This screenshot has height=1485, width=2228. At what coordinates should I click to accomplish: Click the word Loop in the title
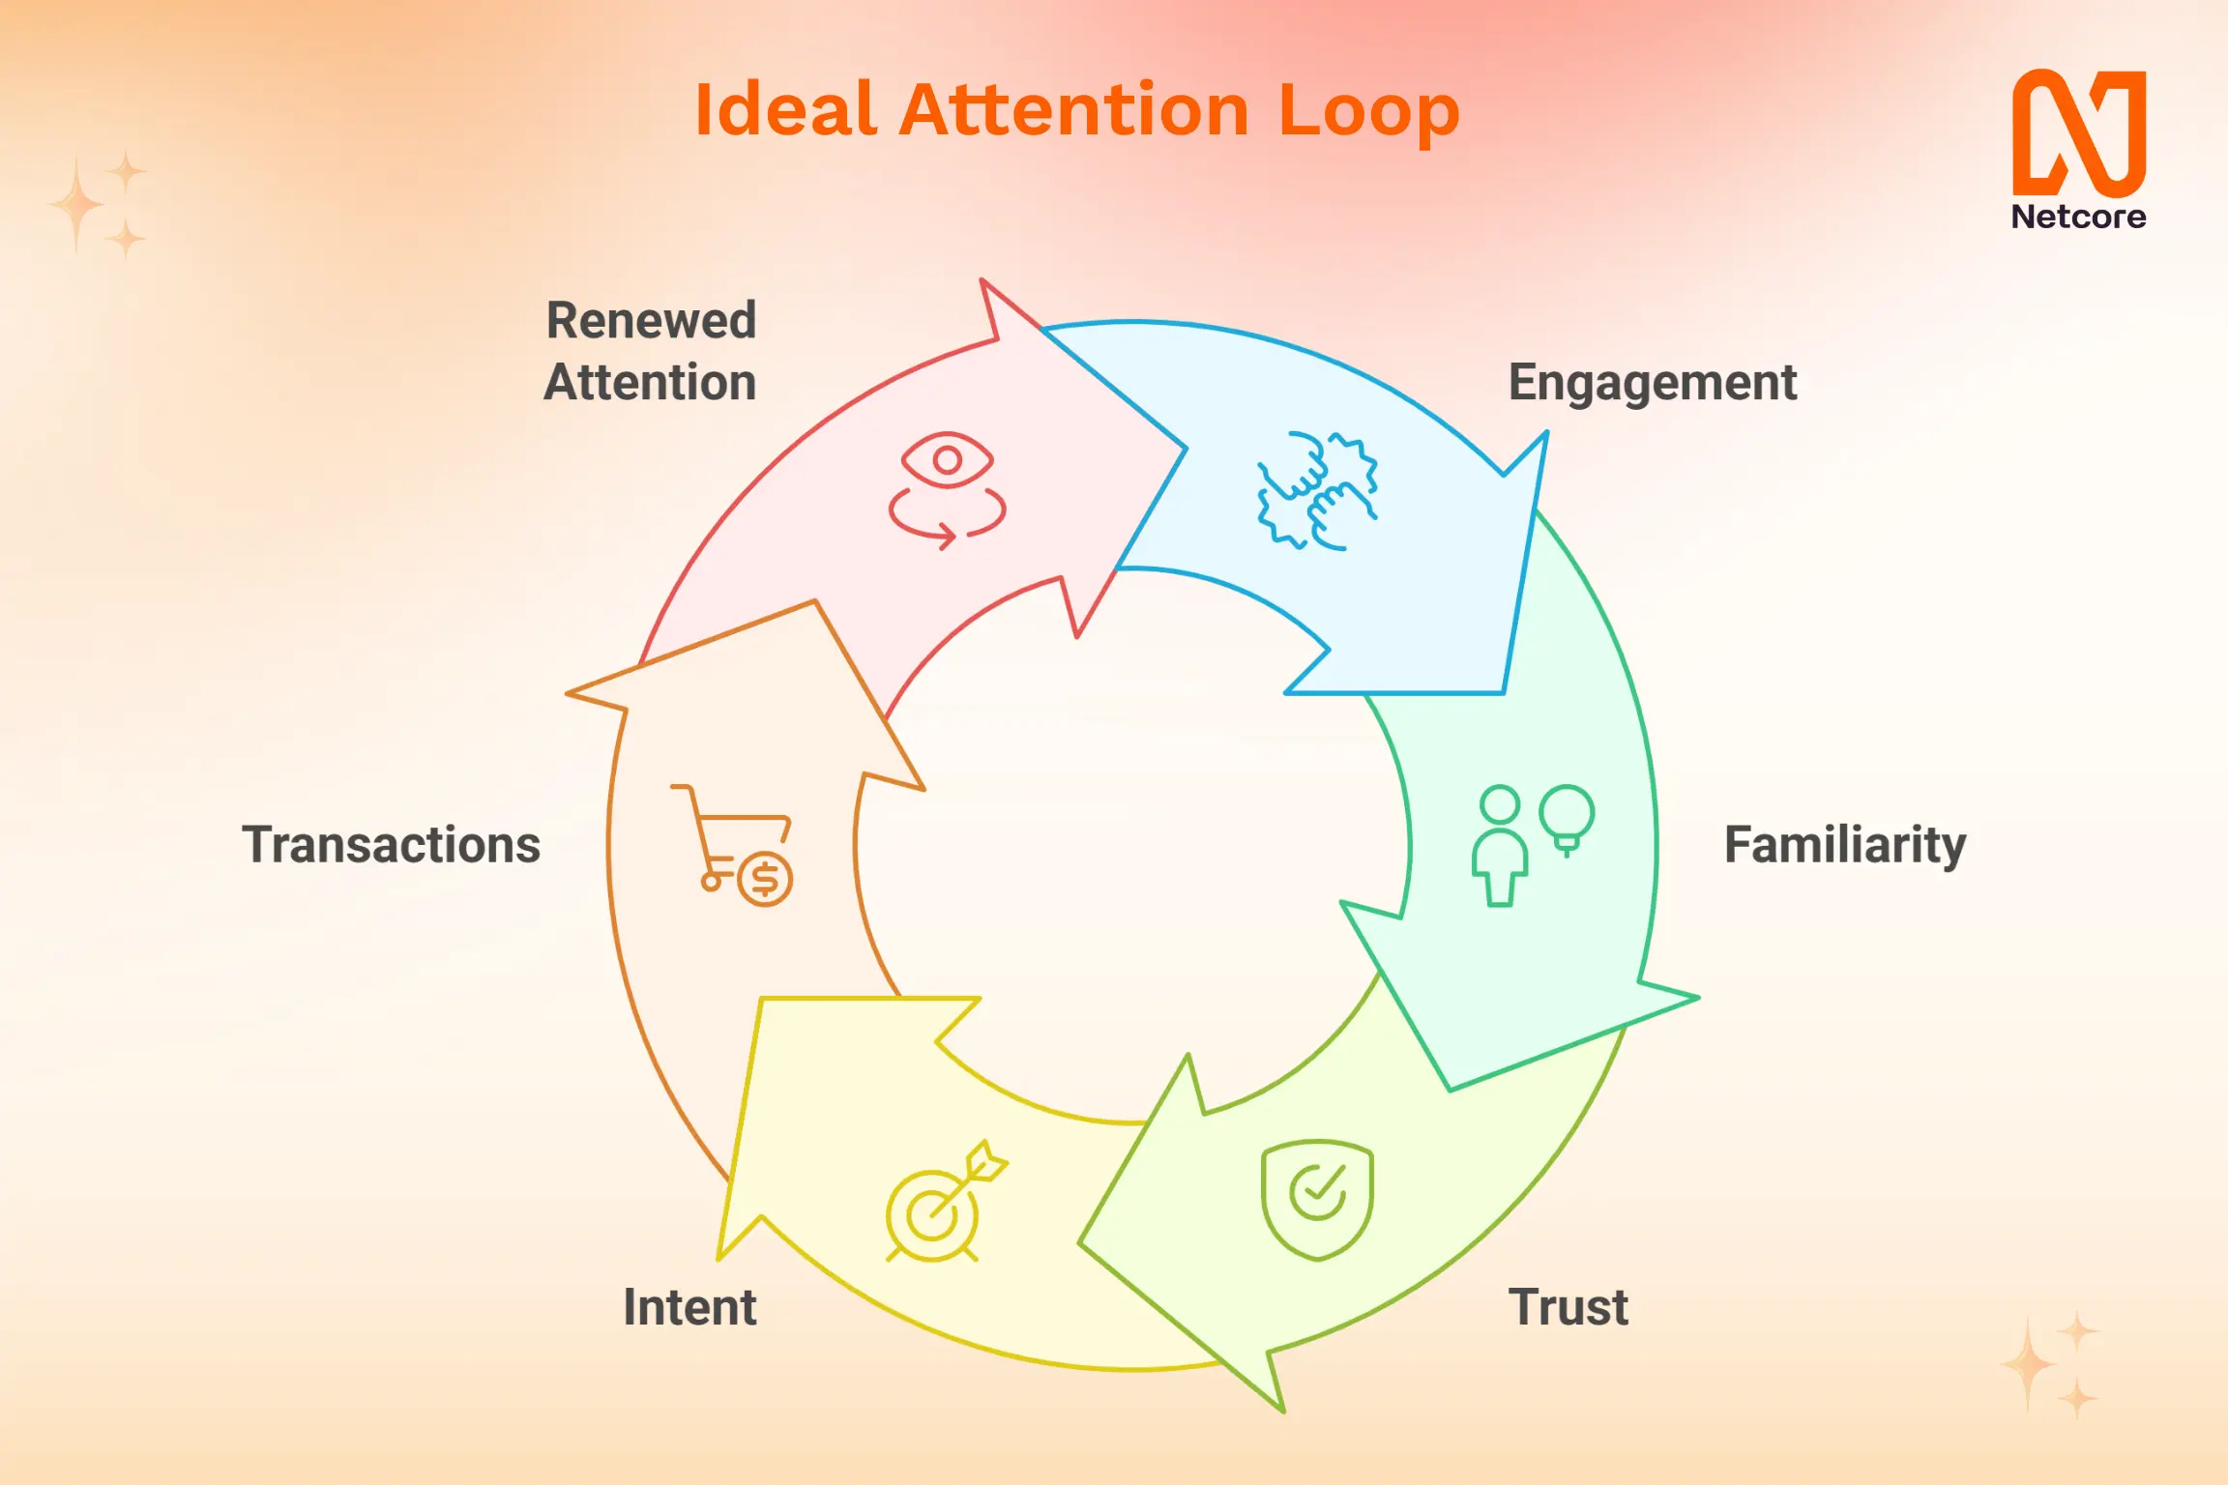pyautogui.click(x=1367, y=111)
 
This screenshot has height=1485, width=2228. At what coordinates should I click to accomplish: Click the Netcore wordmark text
pyautogui.click(x=2078, y=217)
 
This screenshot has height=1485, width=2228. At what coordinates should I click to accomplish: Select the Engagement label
pyautogui.click(x=1652, y=383)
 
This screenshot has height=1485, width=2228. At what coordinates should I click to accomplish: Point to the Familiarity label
pyautogui.click(x=1844, y=845)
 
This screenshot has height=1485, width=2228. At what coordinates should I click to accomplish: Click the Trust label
pyautogui.click(x=1568, y=1307)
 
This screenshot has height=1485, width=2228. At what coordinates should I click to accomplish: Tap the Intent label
pyautogui.click(x=689, y=1307)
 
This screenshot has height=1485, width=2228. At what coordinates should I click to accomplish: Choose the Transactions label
pyautogui.click(x=391, y=845)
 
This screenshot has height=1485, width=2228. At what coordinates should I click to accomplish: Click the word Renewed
pyautogui.click(x=651, y=320)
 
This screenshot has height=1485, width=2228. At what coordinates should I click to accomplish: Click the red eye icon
pyautogui.click(x=947, y=460)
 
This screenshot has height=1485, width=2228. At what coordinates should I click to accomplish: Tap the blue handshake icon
pyautogui.click(x=1317, y=491)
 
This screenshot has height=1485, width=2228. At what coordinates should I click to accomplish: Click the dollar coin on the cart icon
pyautogui.click(x=765, y=879)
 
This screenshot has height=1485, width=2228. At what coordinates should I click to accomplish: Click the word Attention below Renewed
pyautogui.click(x=650, y=383)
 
